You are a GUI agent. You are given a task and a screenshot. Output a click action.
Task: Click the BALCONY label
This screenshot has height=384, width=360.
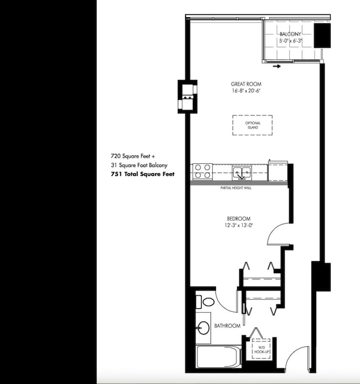tap(290, 34)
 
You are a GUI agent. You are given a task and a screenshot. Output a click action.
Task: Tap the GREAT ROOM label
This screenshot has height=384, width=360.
tap(246, 84)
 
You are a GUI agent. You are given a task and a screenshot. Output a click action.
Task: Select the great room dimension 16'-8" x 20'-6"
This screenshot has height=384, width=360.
tap(246, 91)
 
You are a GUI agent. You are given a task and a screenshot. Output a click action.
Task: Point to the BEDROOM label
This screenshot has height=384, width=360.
tap(239, 219)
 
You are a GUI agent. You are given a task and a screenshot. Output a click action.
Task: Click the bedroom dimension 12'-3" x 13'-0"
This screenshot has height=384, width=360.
tap(239, 225)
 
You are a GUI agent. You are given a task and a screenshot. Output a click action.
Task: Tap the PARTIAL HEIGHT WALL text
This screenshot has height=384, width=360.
tap(236, 188)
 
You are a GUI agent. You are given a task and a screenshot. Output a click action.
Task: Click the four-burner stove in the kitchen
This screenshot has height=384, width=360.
tap(202, 172)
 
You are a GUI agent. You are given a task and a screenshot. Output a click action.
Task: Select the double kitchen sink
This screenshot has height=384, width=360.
tap(242, 173)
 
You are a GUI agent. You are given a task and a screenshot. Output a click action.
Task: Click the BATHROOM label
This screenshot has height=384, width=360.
tap(227, 326)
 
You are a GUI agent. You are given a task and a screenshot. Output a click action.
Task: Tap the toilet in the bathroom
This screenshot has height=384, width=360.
tap(205, 302)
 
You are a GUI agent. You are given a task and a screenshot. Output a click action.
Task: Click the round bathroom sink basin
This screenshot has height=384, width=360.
tap(203, 328)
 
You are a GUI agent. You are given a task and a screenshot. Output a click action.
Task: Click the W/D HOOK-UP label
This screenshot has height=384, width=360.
tap(261, 350)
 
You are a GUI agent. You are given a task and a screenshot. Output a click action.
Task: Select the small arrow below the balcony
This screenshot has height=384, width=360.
tap(277, 66)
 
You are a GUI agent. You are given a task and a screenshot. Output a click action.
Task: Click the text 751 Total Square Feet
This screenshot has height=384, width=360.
tap(143, 174)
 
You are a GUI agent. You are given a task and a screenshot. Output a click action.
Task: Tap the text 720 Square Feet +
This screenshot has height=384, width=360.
tap(133, 156)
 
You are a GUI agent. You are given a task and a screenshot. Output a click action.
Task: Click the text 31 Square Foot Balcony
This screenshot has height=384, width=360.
tap(139, 165)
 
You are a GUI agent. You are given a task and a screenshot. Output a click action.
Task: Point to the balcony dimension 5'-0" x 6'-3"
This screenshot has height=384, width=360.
tap(290, 40)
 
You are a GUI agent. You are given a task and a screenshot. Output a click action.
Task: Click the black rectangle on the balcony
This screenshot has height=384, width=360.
tap(322, 35)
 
